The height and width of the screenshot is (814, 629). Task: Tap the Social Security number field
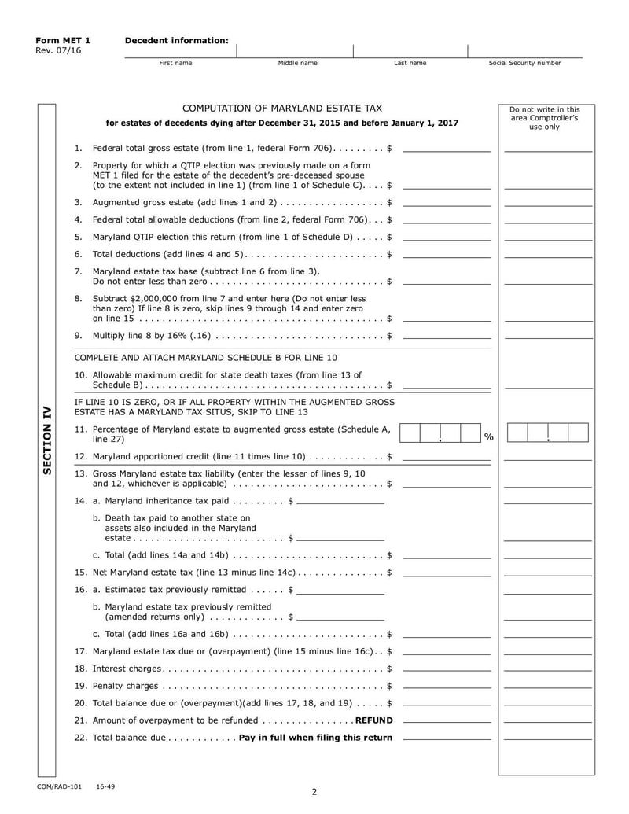[524, 50]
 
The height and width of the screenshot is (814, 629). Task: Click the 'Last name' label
[410, 63]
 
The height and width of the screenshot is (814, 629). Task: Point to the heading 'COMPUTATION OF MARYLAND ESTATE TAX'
[282, 109]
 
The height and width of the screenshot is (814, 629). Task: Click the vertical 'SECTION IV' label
[46, 440]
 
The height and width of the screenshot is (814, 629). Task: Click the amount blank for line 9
[446, 336]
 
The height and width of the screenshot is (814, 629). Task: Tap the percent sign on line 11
[488, 437]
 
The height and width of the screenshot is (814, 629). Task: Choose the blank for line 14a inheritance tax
[340, 500]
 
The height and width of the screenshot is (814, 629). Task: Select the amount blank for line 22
[446, 737]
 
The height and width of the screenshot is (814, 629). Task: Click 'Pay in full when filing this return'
[315, 738]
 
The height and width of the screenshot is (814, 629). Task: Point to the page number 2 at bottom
[314, 792]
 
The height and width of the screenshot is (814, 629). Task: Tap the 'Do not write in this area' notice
[544, 118]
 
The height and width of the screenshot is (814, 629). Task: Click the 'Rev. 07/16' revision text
[57, 51]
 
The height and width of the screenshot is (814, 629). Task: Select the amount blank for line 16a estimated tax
[340, 589]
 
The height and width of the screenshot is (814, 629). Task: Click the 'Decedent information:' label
[177, 40]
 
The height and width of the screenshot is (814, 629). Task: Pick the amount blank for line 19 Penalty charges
[446, 686]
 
